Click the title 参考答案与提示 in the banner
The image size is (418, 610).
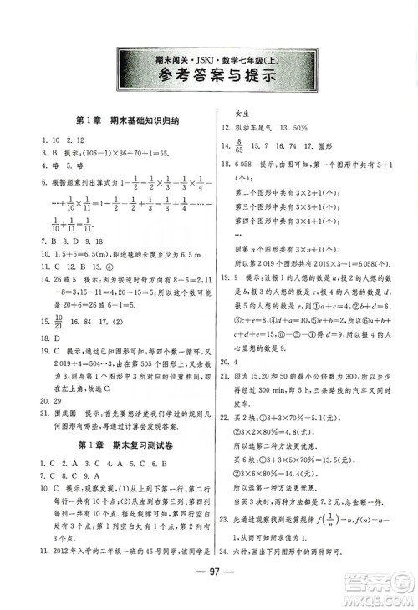click(x=210, y=78)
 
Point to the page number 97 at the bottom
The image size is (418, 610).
click(x=210, y=581)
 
